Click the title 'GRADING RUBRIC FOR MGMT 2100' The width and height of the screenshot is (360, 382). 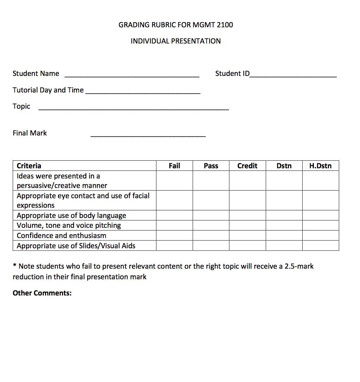[x=175, y=25]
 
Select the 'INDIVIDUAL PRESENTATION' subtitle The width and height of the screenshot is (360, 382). [x=175, y=41]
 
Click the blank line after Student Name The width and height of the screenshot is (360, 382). [x=132, y=75]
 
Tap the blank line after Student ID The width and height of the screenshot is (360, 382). [x=293, y=75]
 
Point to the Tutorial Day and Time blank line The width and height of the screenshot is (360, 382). [x=143, y=92]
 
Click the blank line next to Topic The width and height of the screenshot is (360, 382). [x=134, y=108]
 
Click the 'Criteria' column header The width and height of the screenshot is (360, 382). [x=29, y=166]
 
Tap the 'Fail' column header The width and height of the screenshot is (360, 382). [x=174, y=166]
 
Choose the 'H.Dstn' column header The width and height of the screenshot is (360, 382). [x=320, y=166]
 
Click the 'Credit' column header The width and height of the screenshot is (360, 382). [x=247, y=166]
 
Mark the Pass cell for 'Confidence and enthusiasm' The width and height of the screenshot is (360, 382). [x=211, y=235]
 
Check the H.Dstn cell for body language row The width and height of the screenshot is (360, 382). [x=320, y=215]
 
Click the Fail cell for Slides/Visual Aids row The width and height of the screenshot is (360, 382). [x=174, y=246]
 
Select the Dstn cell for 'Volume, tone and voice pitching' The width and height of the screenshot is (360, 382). [x=284, y=225]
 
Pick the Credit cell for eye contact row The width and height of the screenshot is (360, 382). [x=247, y=200]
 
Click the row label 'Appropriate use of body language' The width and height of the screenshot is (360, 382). [x=71, y=215]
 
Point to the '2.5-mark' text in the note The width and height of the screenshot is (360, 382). [x=299, y=266]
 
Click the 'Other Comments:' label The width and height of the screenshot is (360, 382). [x=42, y=293]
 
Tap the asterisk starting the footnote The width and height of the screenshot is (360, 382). [x=14, y=266]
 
